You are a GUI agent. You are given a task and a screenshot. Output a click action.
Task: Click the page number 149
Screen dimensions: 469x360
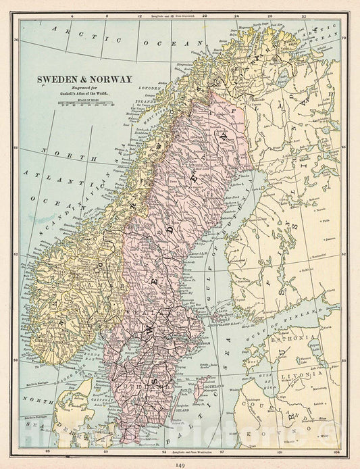(180, 463)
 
